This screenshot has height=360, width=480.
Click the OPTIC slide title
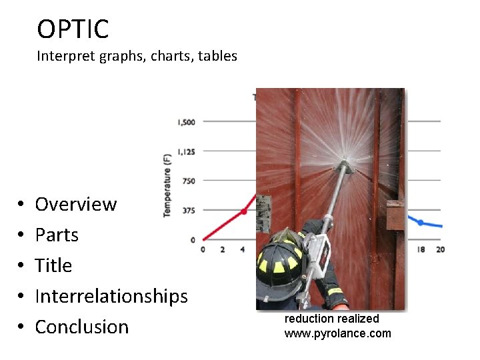[73, 29]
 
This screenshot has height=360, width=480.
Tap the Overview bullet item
[75, 204]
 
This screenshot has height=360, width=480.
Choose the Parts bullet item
[57, 235]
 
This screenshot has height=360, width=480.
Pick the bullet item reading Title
[53, 265]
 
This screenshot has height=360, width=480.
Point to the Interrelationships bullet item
[111, 296]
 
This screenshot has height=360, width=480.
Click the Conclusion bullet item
[81, 327]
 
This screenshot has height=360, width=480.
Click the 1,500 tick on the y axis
[186, 122]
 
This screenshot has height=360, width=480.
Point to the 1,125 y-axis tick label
[186, 151]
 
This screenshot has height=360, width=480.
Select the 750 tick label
[189, 181]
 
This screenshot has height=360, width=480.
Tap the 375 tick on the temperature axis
[189, 211]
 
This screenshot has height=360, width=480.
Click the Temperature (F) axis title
[167, 185]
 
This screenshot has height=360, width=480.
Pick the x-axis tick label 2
[223, 250]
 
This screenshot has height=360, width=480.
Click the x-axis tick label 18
[421, 250]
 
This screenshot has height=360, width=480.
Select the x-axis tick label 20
[440, 250]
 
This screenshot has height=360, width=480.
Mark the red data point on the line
[243, 211]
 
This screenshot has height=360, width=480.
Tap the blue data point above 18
[421, 222]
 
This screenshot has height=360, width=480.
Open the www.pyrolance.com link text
[337, 333]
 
